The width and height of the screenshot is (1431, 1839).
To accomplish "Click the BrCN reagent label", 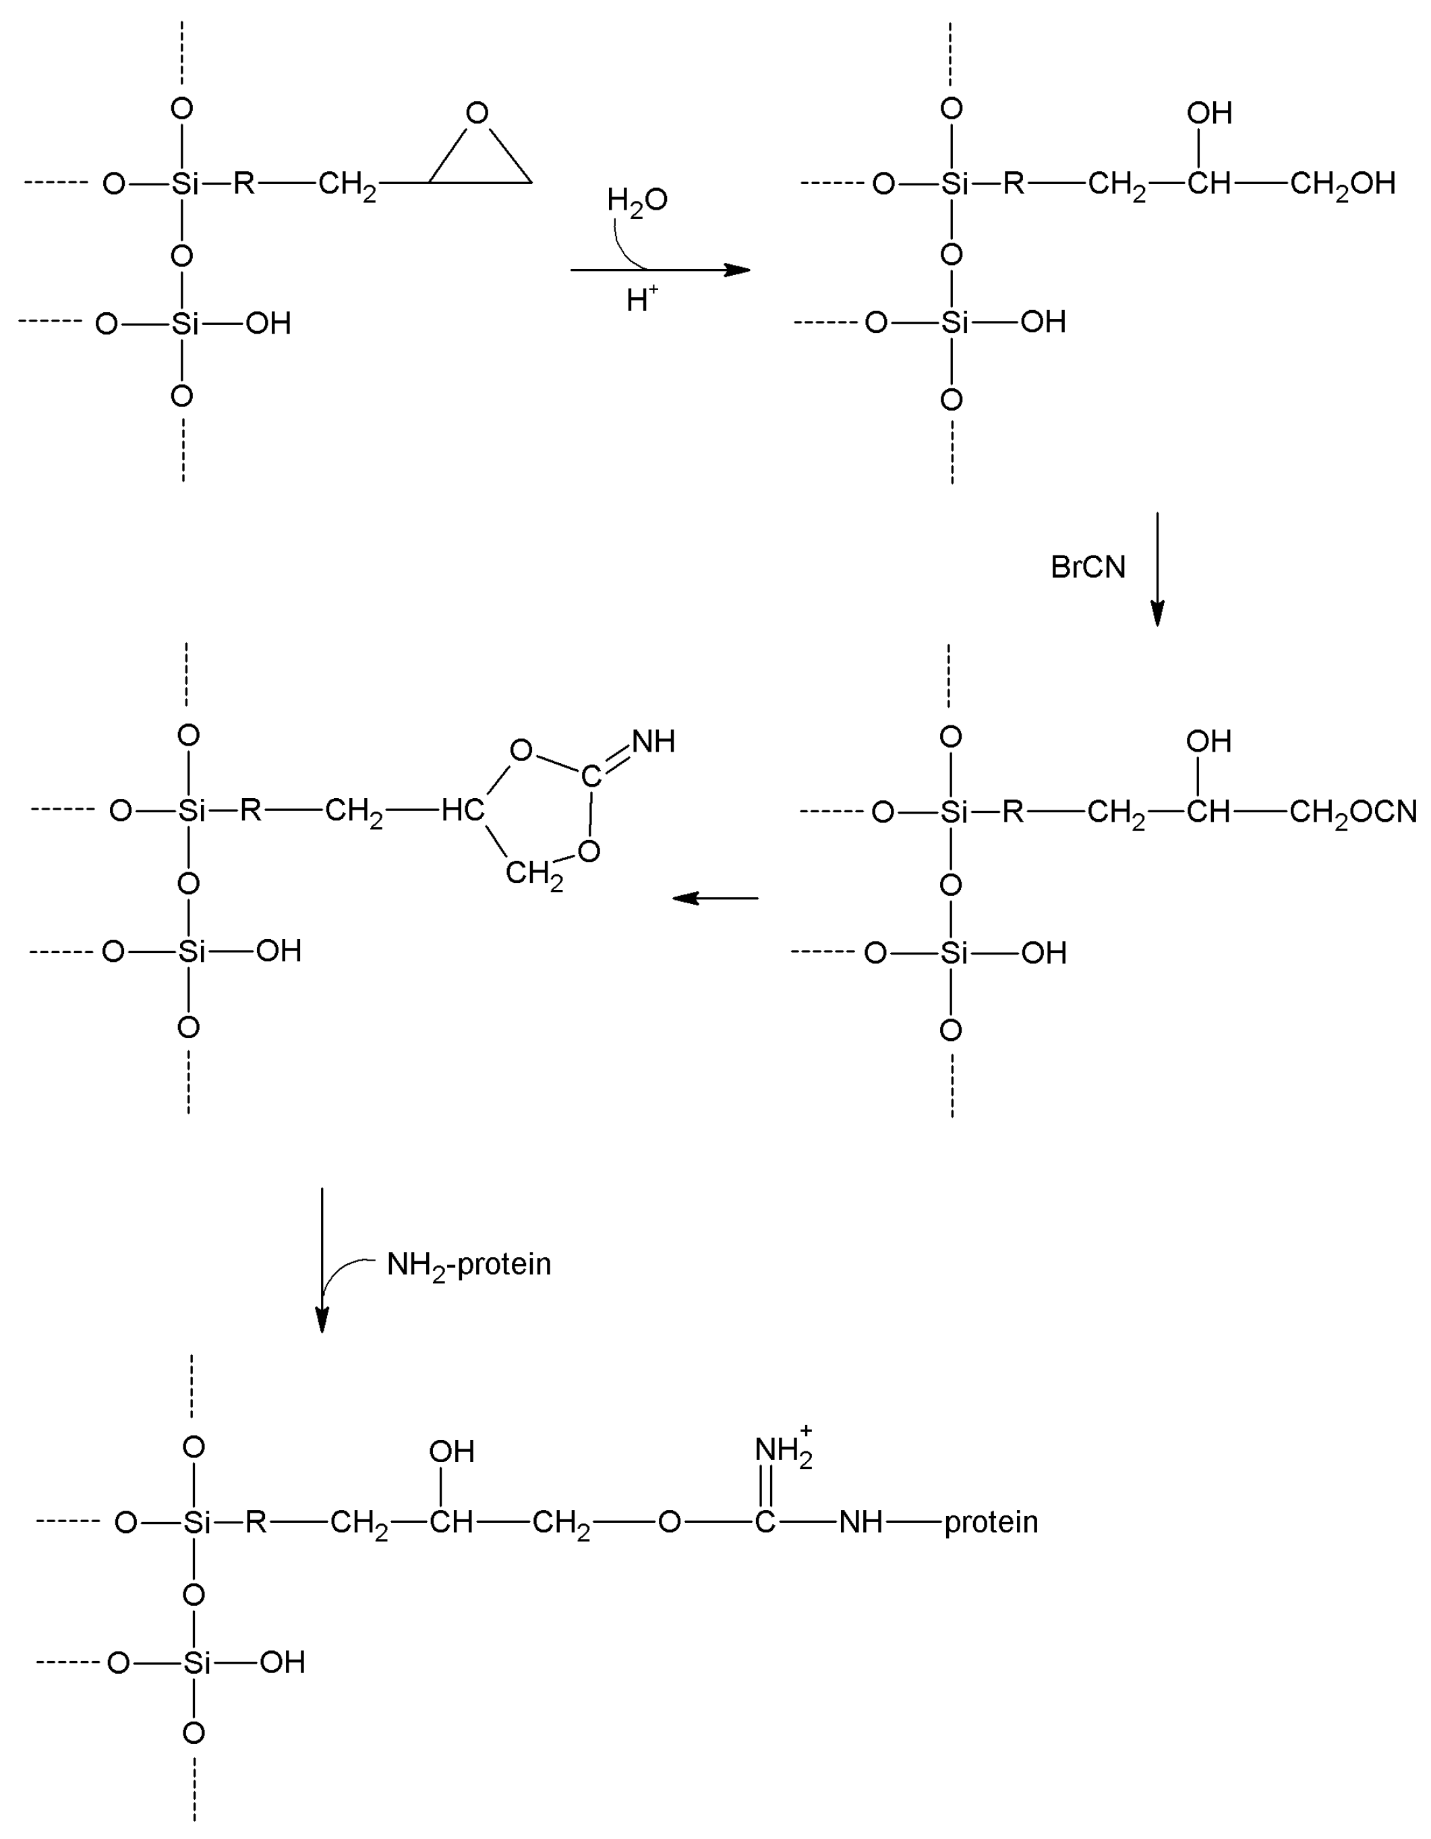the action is (1087, 568).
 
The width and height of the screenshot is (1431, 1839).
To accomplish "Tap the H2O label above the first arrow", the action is (637, 200).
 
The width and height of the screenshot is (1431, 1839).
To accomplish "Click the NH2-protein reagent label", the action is (468, 1264).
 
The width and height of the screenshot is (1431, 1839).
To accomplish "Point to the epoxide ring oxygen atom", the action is (477, 112).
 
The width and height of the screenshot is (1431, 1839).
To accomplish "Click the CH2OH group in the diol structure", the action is (1343, 183).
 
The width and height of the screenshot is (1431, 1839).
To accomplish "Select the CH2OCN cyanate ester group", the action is (1353, 812).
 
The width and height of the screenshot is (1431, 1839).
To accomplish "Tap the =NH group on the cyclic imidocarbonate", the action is (653, 742).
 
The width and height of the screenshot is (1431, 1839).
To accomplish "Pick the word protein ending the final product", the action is (991, 1521).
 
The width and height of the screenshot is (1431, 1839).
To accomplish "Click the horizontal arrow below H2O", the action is (660, 270).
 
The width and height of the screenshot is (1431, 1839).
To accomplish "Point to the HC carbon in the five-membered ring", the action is (463, 810).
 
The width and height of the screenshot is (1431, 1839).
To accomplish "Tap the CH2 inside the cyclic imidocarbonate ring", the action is (534, 875).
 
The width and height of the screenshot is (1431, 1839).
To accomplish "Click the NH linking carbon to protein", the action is (860, 1521).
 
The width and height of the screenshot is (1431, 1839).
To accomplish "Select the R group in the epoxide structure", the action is (244, 183).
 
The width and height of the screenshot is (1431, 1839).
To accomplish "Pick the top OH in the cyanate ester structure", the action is (1208, 742).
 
